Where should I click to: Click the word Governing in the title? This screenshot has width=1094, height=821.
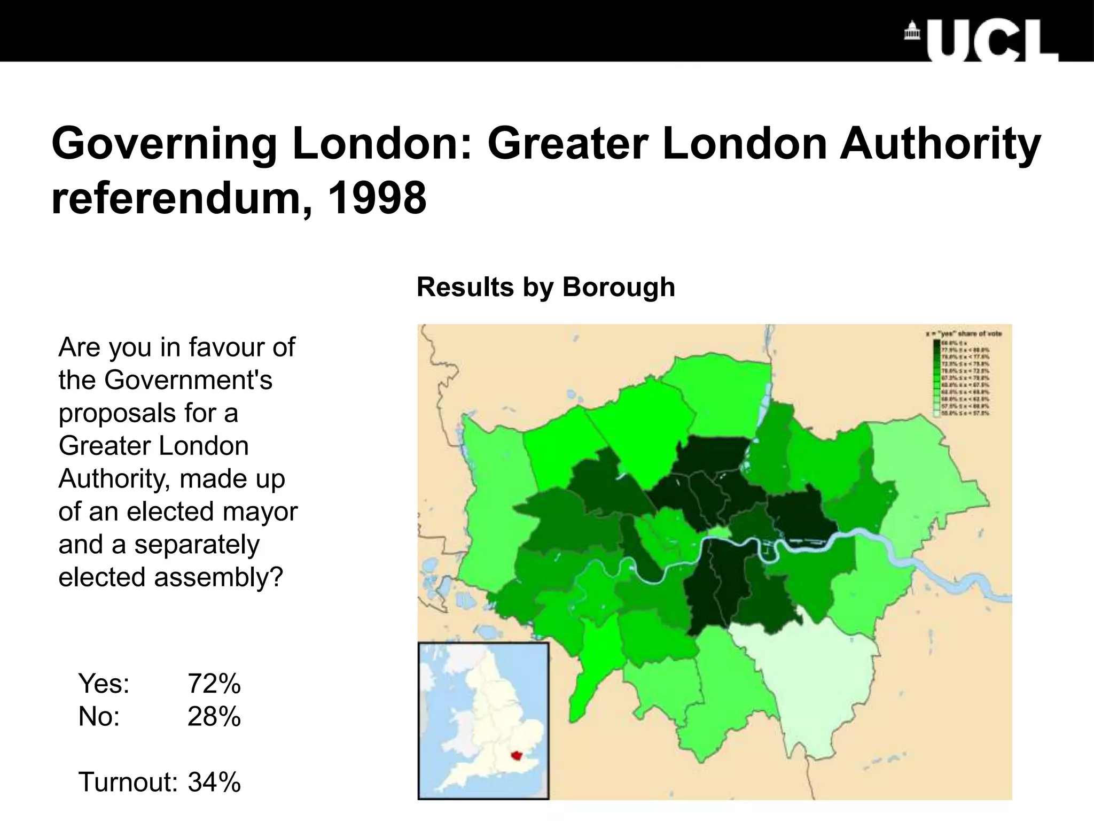[163, 144]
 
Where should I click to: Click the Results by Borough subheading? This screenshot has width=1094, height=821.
[545, 287]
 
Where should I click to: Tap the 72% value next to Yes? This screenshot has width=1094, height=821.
[214, 684]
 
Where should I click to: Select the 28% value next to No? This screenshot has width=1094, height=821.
[214, 717]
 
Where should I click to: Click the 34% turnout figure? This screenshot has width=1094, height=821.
[214, 782]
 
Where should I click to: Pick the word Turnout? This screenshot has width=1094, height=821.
[128, 782]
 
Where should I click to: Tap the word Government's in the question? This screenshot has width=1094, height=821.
[188, 380]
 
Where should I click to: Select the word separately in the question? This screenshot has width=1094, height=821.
[197, 545]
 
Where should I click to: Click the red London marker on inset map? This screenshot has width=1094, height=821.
[517, 755]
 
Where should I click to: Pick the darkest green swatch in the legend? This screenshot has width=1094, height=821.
[937, 343]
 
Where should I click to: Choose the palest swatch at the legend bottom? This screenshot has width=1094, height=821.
[937, 413]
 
